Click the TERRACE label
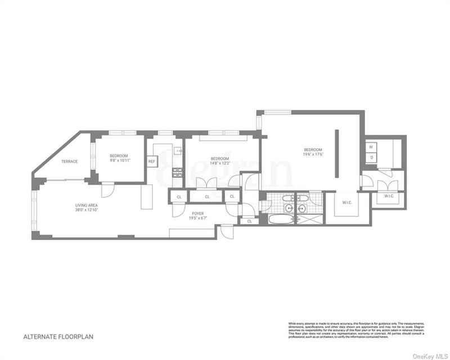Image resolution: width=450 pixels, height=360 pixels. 70,161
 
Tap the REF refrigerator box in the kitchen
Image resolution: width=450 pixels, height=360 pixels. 151,161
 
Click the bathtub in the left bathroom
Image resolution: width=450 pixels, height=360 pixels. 281,219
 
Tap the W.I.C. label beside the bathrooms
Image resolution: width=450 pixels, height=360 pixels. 346,203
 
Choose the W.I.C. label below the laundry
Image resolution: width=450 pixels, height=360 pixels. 389,196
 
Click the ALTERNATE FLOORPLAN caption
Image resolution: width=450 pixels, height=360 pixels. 58,337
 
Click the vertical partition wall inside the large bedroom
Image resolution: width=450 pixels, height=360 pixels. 337,153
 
